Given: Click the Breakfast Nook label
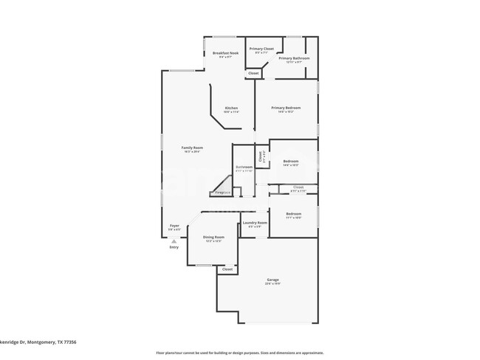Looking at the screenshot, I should (225, 53).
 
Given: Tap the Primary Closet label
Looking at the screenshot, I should (261, 49).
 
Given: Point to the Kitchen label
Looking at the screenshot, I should (231, 108).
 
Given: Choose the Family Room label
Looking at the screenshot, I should (193, 148).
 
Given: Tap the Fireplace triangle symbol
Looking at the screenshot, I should (220, 187).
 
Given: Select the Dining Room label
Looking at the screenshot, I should (213, 238).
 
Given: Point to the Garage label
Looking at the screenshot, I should (272, 280).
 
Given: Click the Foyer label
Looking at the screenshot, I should (174, 226).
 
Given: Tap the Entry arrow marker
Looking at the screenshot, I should (174, 240).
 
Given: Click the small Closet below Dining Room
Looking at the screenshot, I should (227, 269).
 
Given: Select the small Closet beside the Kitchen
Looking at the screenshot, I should (253, 73).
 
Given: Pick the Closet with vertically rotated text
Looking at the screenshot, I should (261, 156).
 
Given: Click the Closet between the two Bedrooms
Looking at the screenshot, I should (298, 187).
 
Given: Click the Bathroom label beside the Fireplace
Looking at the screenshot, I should (244, 167).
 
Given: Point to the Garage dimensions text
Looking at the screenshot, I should (272, 283).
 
